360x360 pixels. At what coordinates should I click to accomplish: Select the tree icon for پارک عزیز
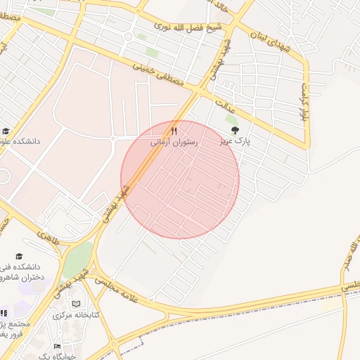tap(235, 130)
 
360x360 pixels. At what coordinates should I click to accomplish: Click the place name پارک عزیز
tap(233, 141)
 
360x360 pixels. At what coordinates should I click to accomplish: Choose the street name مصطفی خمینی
tap(158, 73)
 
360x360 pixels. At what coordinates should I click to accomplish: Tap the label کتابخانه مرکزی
tap(75, 314)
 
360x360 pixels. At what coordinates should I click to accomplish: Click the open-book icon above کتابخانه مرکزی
tap(76, 304)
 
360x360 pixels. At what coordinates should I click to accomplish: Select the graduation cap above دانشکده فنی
tap(19, 255)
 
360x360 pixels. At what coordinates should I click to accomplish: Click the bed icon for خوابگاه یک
tap(58, 347)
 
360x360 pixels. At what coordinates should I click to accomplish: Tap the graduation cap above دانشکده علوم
tap(6, 131)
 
